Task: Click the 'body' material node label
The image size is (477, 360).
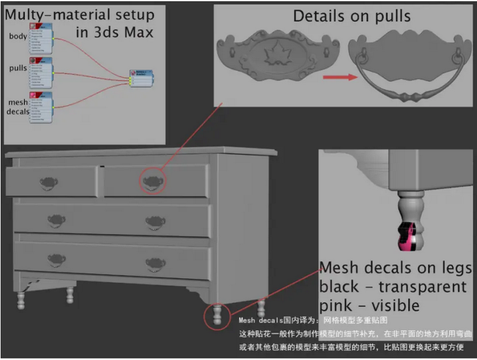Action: [x=18, y=36]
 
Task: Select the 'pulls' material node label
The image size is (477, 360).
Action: [x=18, y=69]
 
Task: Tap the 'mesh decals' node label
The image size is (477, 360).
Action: [x=18, y=107]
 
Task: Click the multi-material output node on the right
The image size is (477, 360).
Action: [x=139, y=78]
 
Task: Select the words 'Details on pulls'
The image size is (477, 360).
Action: [x=351, y=16]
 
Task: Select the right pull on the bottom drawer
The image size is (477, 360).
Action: [x=155, y=263]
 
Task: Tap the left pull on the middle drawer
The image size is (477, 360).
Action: [x=57, y=220]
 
